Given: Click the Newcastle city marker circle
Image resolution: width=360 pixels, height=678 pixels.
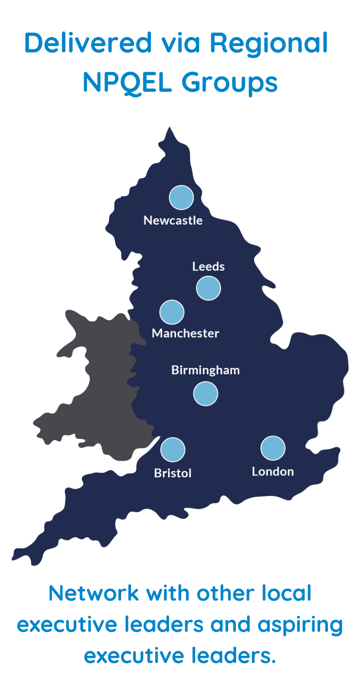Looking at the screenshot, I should [181, 198].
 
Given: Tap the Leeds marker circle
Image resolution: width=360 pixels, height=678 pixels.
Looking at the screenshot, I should [208, 288].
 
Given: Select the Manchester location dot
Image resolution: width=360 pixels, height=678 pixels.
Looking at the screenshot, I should [172, 312].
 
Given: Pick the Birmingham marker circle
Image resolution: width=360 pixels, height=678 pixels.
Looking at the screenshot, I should [206, 393].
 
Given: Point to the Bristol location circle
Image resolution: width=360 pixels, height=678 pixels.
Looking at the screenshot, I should [173, 450].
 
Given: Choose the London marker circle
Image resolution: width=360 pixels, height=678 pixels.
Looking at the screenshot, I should [273, 448].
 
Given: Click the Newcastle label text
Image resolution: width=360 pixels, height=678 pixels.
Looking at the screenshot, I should [173, 221].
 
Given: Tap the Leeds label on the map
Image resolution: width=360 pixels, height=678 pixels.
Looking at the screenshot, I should [208, 267].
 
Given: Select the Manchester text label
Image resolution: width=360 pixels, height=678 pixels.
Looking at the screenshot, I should [185, 334].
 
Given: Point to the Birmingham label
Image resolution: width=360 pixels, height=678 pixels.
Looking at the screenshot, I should [206, 370].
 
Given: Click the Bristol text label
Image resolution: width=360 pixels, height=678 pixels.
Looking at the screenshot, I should [173, 473].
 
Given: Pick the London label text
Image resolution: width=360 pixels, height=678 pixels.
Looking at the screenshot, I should [273, 471].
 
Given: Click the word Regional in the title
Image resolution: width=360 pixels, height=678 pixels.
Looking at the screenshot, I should [268, 43].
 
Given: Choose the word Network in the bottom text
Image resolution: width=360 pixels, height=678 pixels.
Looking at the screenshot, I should [93, 593].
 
